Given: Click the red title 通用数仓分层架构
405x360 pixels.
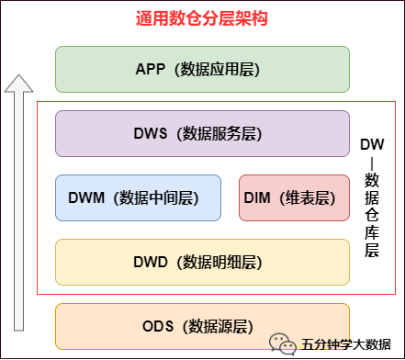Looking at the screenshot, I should click(x=203, y=18).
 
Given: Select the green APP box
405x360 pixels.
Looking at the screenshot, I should click(x=202, y=69).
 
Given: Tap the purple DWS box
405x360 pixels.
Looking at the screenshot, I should click(x=202, y=133).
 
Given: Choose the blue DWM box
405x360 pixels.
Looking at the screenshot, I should click(x=138, y=197).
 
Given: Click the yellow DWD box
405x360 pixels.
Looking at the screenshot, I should click(x=202, y=262).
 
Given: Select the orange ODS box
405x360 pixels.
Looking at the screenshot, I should click(x=202, y=326).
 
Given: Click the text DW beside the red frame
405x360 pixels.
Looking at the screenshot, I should click(x=371, y=145).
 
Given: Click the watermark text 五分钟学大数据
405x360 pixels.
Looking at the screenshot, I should click(x=347, y=345).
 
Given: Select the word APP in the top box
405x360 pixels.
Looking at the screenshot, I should click(x=150, y=69).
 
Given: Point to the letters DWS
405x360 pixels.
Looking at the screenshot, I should click(x=150, y=133).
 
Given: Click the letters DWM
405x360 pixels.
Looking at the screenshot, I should click(x=88, y=197).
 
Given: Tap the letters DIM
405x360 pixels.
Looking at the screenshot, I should click(x=258, y=197).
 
